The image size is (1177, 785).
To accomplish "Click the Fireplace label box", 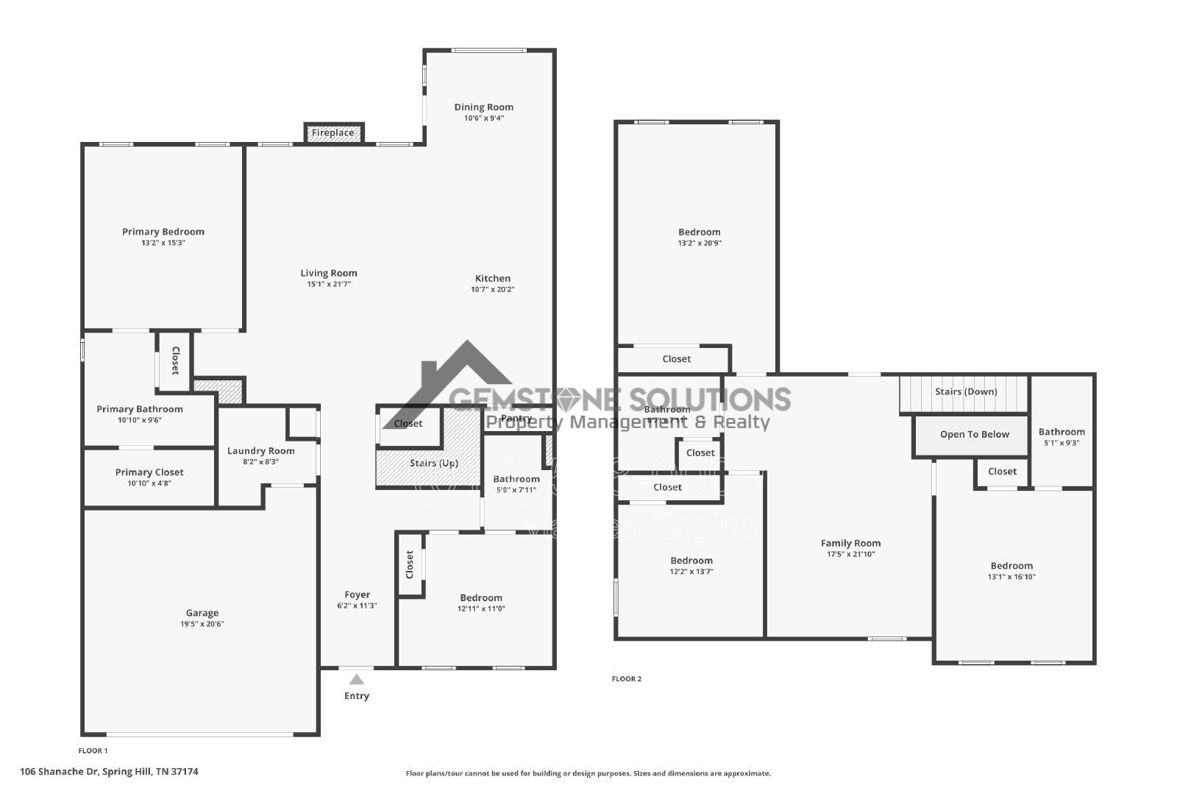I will coord(333,133).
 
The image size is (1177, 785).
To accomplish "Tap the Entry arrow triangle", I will coord(357,679).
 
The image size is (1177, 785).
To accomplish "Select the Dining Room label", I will coord(483,107).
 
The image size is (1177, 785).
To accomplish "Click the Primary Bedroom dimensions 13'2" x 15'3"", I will coord(163,243).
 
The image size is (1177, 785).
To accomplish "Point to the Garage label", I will coord(202,613).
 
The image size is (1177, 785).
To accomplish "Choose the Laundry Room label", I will coord(260,451).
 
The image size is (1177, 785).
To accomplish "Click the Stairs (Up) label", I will coord(434,463).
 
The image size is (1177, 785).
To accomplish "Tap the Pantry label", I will coord(516,418).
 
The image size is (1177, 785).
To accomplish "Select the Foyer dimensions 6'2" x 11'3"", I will coord(357,606).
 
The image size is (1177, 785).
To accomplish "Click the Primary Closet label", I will coord(149,472).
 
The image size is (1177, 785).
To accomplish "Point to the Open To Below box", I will coord(974,435).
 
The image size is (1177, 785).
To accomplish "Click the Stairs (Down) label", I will coord(966,391).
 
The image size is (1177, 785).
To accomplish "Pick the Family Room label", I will coord(850,543).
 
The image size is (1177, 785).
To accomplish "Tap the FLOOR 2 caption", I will coord(627,679).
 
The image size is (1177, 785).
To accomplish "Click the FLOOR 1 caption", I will coord(93,751).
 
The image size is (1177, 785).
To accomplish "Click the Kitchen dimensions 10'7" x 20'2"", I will coord(493,290).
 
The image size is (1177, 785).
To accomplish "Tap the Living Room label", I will coord(329,273).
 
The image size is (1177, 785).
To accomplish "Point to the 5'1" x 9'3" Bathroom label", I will coord(1062,432).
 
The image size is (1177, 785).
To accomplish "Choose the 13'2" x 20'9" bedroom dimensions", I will coord(700,244).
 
